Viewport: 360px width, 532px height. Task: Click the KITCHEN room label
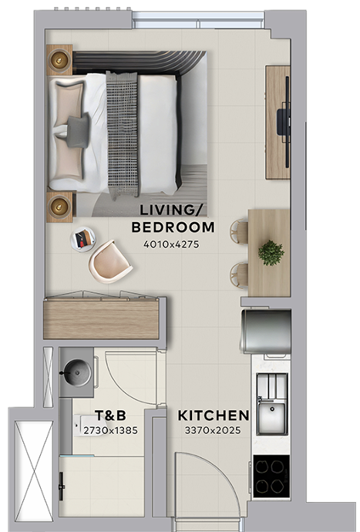click(x=214, y=416)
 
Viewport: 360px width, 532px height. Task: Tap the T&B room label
click(x=110, y=416)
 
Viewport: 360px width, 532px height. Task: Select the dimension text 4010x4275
click(x=171, y=244)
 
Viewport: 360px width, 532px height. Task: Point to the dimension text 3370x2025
click(x=213, y=430)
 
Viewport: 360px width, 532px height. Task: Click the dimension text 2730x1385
click(x=110, y=430)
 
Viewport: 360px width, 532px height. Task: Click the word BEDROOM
click(x=173, y=227)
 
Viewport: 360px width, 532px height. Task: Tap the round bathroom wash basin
click(x=78, y=372)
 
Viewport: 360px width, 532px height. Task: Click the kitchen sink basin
click(x=272, y=417)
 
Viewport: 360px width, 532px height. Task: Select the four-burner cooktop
click(x=271, y=476)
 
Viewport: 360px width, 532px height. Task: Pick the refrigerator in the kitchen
click(x=266, y=331)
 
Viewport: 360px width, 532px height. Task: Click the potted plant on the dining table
click(x=271, y=253)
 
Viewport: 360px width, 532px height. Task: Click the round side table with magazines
click(x=82, y=240)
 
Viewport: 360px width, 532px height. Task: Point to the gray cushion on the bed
click(x=79, y=131)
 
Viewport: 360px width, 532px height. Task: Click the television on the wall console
click(x=284, y=122)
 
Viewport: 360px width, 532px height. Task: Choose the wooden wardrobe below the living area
click(x=101, y=318)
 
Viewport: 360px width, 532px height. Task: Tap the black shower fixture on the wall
click(x=62, y=487)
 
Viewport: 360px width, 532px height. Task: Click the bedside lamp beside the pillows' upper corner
click(x=59, y=60)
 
